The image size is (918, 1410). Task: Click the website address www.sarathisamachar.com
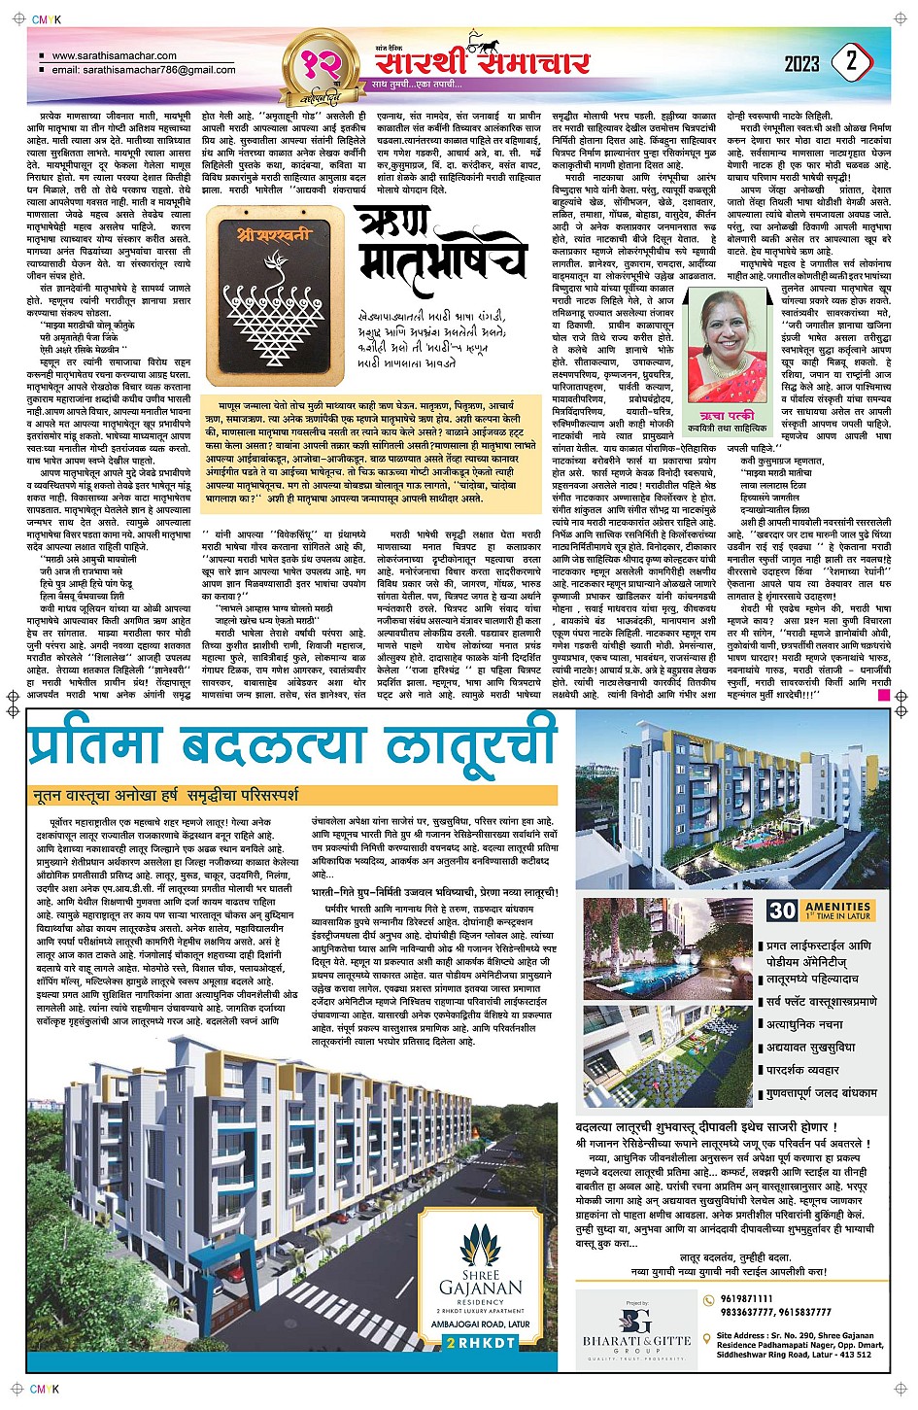pos(114,56)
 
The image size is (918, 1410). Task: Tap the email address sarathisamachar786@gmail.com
pos(144,70)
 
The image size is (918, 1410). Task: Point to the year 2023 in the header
pos(801,64)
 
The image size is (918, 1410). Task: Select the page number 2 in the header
pos(852,62)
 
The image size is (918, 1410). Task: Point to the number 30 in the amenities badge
pos(782,911)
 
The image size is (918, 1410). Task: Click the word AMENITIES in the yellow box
pos(837,906)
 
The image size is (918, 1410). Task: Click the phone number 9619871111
pos(747,1299)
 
